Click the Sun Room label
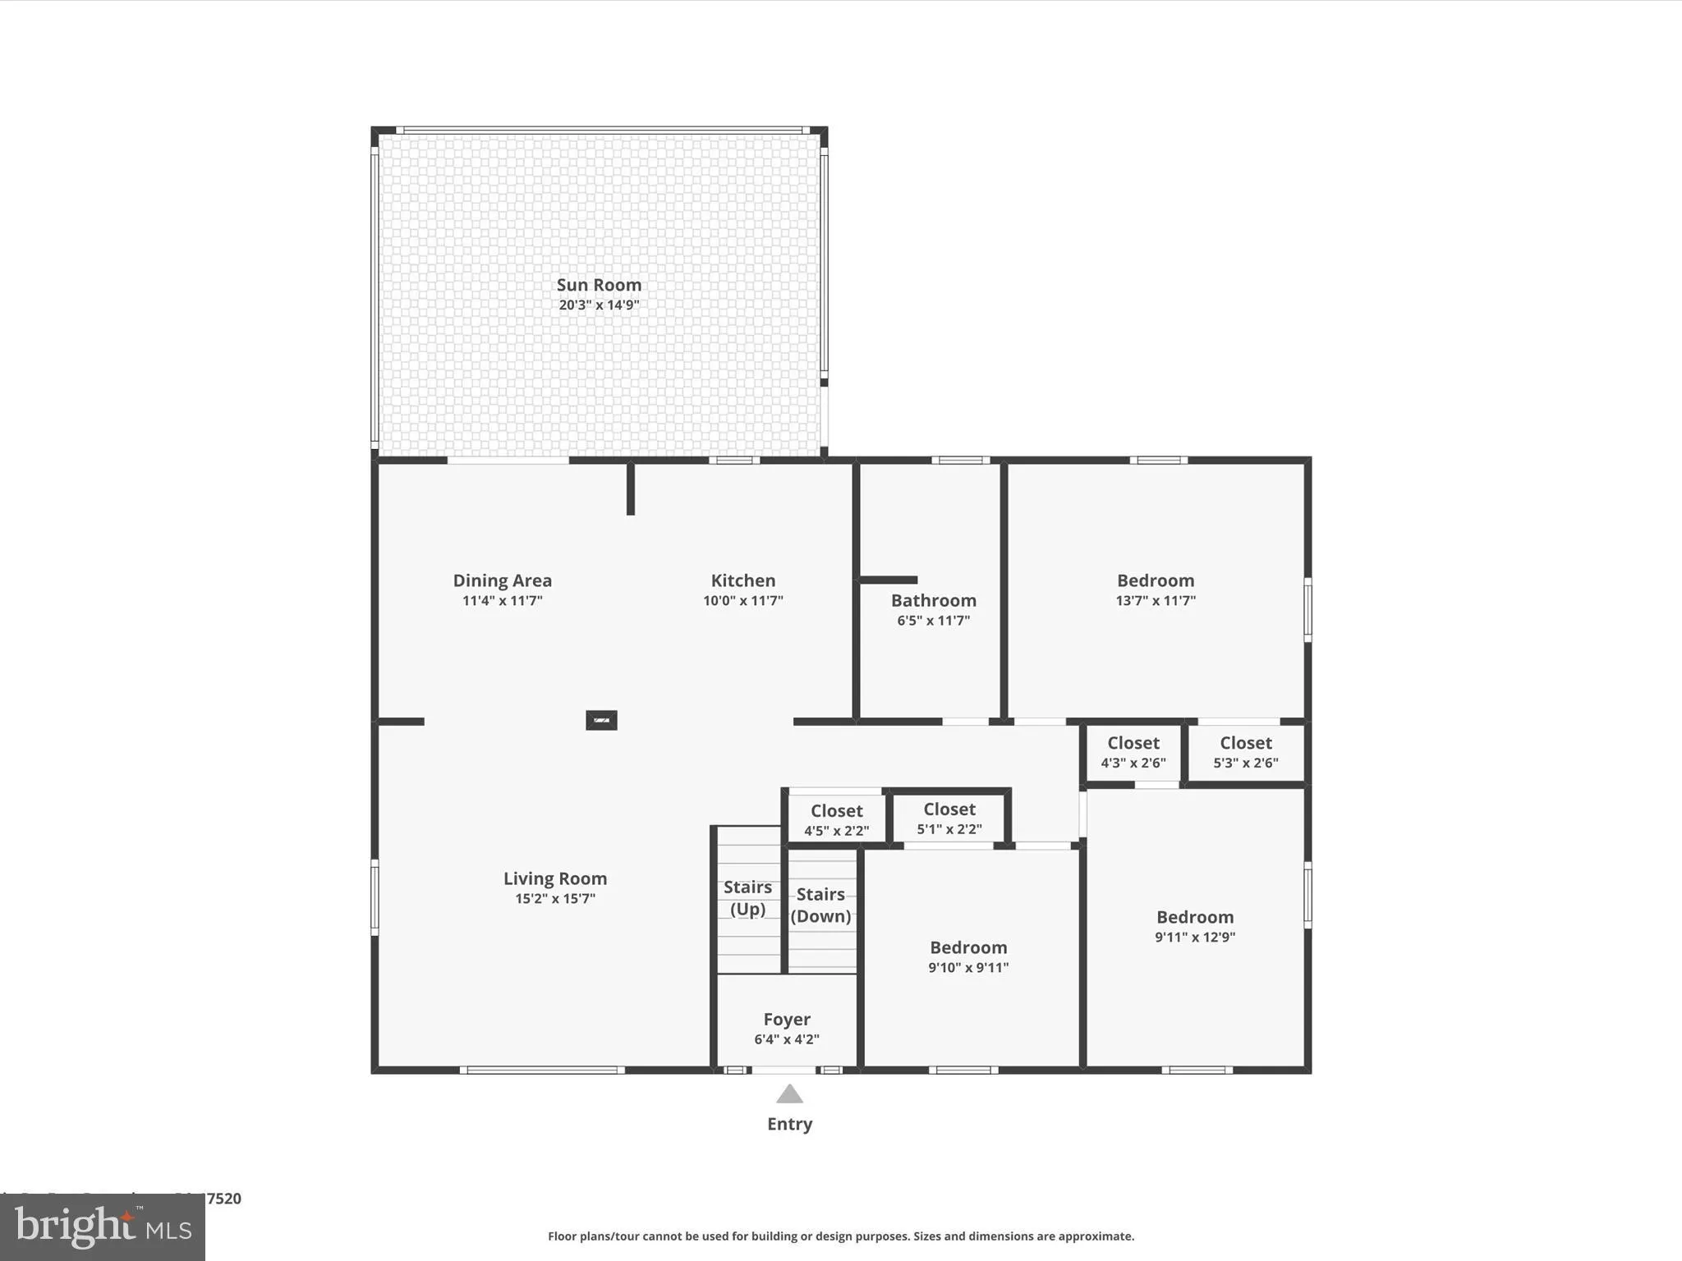[x=599, y=285]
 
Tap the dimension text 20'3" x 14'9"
[x=599, y=305]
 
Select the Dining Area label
[x=502, y=580]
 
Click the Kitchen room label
[x=742, y=580]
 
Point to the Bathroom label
[x=933, y=600]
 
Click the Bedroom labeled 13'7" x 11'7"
[x=1155, y=580]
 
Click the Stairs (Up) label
[x=747, y=897]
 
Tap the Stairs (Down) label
[x=820, y=905]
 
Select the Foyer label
[x=787, y=1020]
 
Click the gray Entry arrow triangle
[x=789, y=1094]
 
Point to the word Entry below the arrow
[x=789, y=1124]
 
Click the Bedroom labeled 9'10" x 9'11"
[x=968, y=947]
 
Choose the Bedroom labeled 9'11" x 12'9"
[x=1194, y=917]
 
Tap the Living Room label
[x=555, y=878]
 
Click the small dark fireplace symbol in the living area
[x=601, y=720]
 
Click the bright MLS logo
[x=103, y=1227]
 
